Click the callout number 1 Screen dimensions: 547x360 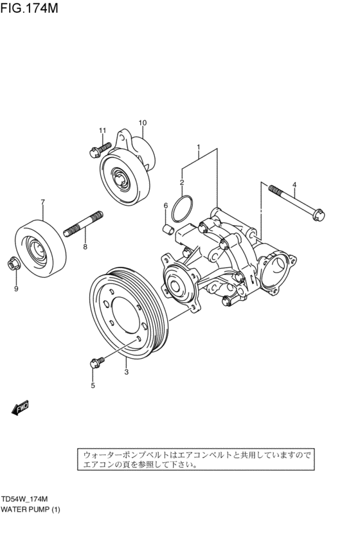(199, 147)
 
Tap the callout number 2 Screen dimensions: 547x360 (182, 183)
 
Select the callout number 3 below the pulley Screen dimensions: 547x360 (126, 372)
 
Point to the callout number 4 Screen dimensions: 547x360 (294, 186)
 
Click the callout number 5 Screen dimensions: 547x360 (93, 386)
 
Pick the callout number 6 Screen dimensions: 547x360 (165, 206)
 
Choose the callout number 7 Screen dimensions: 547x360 (43, 202)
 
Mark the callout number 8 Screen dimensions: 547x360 (84, 246)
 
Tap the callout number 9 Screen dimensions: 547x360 (16, 289)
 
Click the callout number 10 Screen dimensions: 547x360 (142, 123)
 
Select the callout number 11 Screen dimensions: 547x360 (102, 131)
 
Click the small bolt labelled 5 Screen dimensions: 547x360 (96, 363)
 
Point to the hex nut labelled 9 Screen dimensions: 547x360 (14, 264)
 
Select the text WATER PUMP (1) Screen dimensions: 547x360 (30, 510)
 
